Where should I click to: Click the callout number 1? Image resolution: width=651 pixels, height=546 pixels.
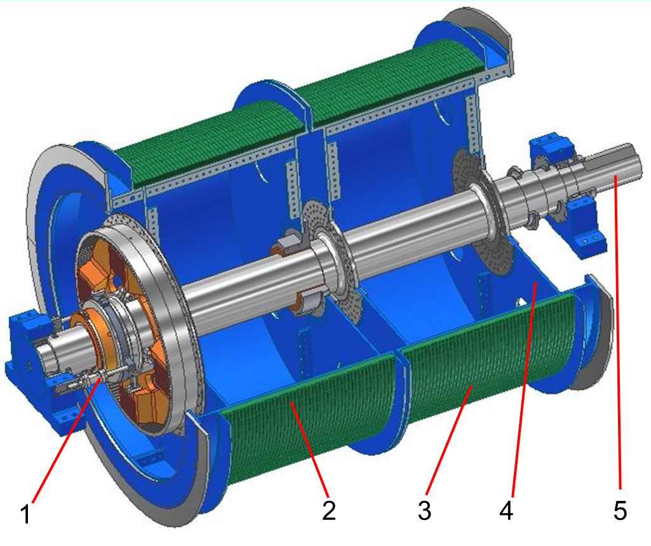26,514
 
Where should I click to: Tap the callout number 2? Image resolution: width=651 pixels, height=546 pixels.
329,510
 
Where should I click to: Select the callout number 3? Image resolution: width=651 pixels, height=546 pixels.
424,510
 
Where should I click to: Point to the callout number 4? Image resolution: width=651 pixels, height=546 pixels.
506,510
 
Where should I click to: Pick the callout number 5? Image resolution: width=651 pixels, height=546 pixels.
620,510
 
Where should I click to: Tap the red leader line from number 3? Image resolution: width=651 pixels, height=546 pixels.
448,440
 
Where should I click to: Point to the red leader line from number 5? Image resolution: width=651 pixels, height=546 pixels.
618,332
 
